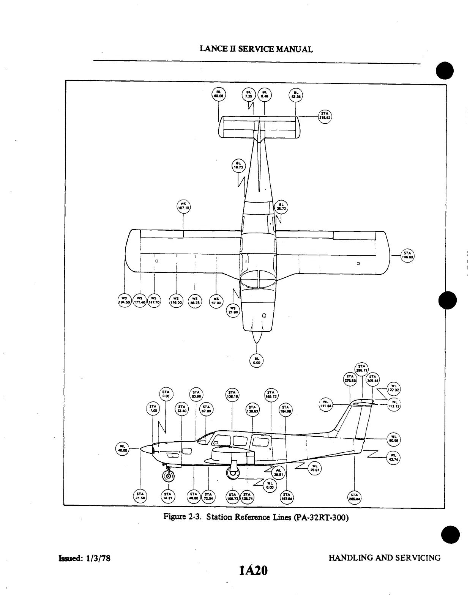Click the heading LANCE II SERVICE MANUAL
pyautogui.click(x=256, y=49)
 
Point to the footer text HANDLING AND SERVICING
pyautogui.click(x=384, y=558)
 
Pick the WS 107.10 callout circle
pyautogui.click(x=184, y=206)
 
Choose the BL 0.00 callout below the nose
pyautogui.click(x=257, y=361)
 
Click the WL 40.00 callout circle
pyautogui.click(x=122, y=448)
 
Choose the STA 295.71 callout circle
pyautogui.click(x=361, y=368)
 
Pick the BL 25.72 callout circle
pyautogui.click(x=281, y=206)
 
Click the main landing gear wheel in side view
pyautogui.click(x=232, y=472)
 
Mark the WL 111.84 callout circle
pyautogui.click(x=325, y=404)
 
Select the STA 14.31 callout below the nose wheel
pyautogui.click(x=168, y=496)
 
